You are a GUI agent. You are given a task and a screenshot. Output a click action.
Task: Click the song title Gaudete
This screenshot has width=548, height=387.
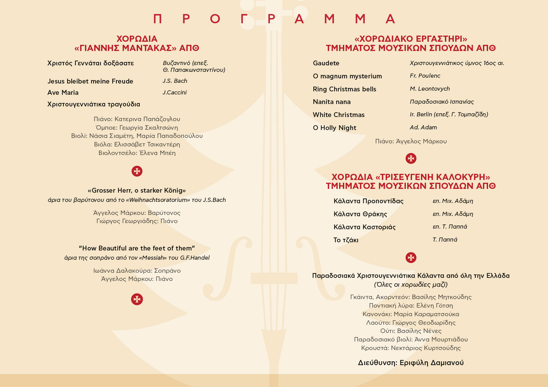(326, 63)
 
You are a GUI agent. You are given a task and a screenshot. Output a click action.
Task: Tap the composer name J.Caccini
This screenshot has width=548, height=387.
(175, 92)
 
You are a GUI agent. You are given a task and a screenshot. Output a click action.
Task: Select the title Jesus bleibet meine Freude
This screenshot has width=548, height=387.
(90, 81)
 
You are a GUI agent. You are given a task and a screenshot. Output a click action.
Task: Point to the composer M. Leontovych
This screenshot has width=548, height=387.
(430, 89)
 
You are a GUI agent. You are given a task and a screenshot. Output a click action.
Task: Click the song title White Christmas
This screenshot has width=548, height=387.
(339, 115)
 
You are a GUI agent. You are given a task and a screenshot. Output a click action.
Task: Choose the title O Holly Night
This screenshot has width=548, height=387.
(335, 128)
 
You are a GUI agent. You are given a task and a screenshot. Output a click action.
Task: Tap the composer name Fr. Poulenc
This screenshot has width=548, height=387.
(425, 76)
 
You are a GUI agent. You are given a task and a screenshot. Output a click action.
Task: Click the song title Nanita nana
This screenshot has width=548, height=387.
(332, 102)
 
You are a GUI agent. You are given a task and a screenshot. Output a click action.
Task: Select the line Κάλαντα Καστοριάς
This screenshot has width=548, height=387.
(365, 227)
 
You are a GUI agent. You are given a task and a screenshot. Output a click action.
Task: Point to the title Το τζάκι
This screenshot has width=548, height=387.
(346, 240)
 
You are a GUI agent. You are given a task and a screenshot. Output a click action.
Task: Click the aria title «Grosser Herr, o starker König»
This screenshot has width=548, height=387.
(137, 191)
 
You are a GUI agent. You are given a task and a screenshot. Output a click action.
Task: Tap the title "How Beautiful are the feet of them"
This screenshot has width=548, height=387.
(137, 248)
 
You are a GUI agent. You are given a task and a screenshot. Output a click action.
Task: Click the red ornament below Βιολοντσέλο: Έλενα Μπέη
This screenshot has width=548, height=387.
(137, 171)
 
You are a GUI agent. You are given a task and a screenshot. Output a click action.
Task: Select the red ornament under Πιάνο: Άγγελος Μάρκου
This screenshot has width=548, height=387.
(411, 158)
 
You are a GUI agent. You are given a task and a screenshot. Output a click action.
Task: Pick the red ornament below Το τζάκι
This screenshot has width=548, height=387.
(411, 258)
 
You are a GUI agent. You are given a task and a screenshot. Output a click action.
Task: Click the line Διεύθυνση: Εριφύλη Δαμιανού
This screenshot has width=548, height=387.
(411, 363)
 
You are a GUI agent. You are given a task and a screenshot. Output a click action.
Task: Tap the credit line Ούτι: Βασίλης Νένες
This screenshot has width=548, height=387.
(411, 331)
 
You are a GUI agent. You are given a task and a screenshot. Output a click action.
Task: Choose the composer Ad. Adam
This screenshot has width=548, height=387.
(423, 128)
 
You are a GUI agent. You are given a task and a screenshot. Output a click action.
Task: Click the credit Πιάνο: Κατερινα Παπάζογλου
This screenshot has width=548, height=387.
(137, 119)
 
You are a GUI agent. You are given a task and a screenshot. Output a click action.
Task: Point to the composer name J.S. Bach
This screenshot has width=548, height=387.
(175, 81)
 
